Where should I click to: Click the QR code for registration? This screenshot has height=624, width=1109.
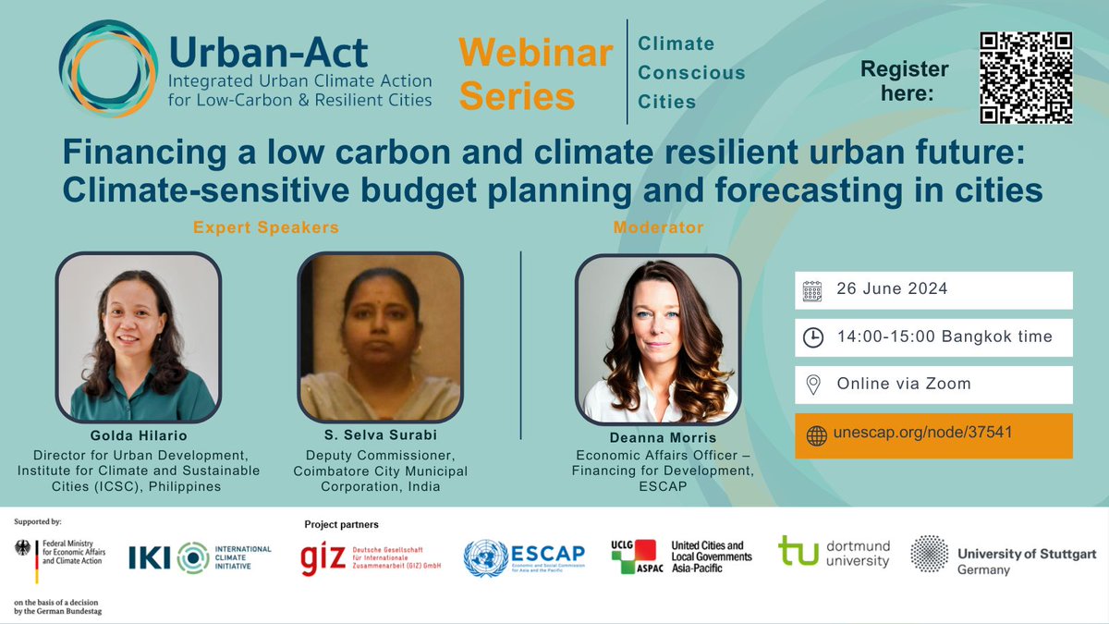click(1026, 78)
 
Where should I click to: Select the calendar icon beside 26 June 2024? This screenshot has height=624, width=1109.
click(812, 290)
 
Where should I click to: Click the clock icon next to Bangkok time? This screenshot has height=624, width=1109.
click(812, 337)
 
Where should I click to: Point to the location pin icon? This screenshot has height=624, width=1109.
click(812, 385)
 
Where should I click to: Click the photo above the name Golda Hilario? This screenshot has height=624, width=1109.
click(138, 337)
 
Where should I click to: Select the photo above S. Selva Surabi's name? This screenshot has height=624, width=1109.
click(379, 337)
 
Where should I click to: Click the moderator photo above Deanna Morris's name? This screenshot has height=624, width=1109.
click(657, 337)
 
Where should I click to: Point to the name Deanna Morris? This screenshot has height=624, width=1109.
click(657, 437)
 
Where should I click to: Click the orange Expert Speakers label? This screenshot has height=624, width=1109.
click(265, 226)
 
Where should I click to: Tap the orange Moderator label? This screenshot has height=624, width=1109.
click(657, 226)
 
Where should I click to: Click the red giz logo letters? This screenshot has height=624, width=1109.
click(321, 559)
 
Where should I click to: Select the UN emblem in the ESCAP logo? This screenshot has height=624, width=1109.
click(485, 558)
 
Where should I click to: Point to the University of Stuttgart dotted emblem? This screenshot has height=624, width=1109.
click(929, 554)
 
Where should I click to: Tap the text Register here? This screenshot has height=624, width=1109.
click(904, 80)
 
